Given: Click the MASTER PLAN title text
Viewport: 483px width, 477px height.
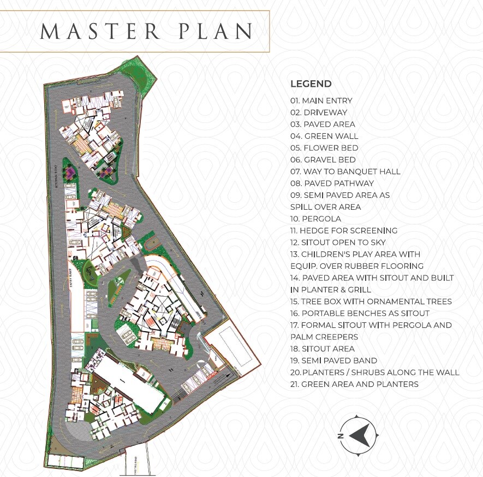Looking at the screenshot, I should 146,31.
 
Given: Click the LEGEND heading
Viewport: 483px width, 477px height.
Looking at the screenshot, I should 311,84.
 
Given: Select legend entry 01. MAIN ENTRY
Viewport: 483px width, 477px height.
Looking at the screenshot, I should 321,101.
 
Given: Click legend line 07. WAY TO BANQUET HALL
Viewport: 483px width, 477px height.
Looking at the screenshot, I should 345,172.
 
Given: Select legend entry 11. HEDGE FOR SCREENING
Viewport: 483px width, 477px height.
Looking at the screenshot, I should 344,231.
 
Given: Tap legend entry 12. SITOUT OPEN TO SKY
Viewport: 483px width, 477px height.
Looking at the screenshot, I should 338,242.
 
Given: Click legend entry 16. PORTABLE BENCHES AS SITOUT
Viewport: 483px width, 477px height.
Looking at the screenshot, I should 360,313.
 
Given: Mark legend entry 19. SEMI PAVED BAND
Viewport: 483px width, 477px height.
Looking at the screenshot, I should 333,361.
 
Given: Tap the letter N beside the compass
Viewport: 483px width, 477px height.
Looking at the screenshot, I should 339,436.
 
